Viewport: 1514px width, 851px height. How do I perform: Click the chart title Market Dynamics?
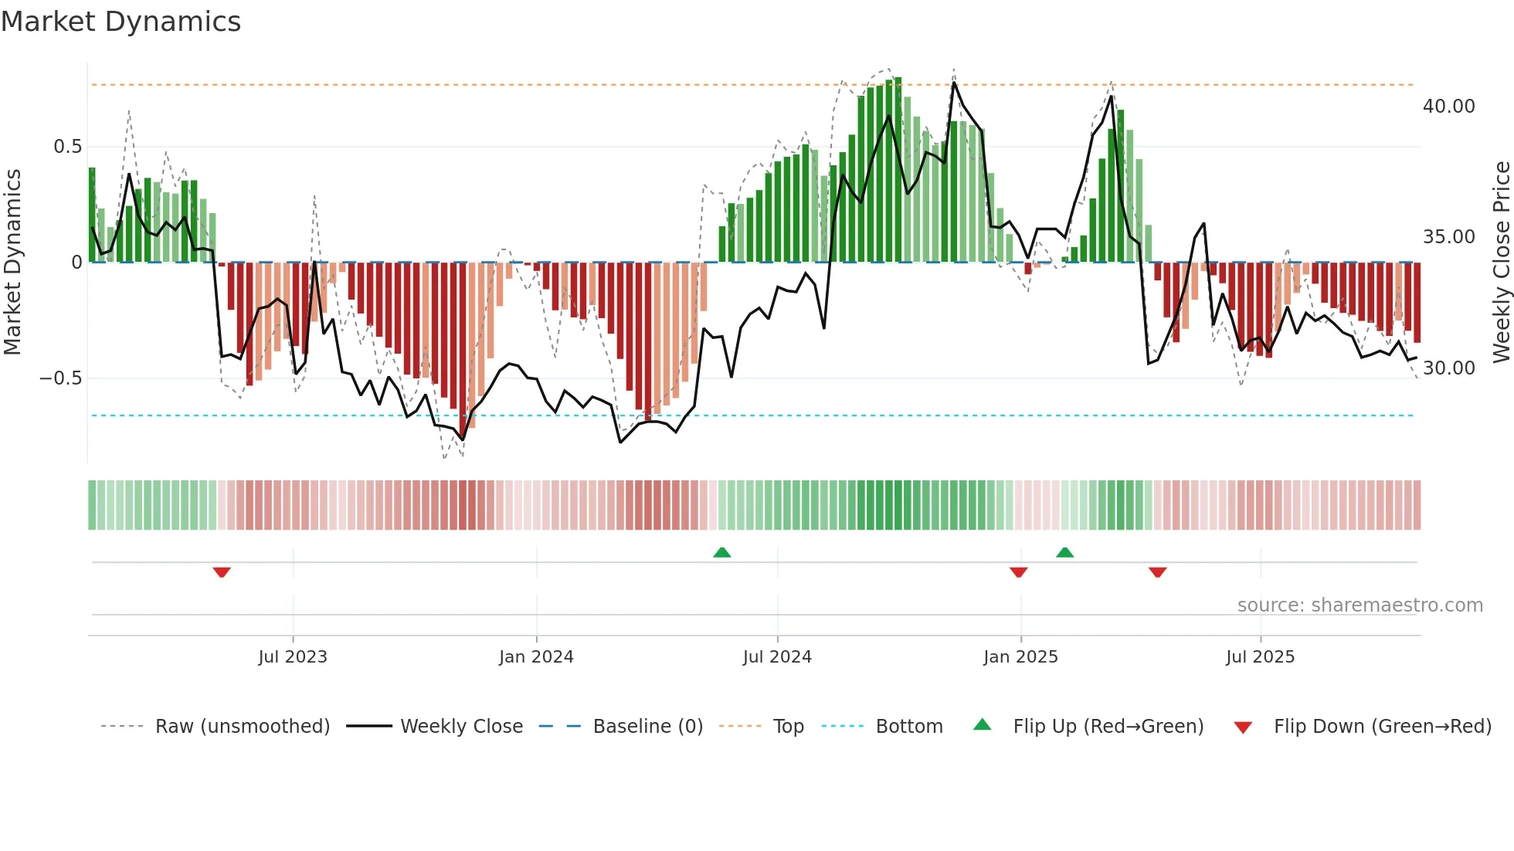point(121,22)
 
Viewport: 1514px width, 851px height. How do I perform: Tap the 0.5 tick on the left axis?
point(67,147)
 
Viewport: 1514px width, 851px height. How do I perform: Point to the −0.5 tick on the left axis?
point(60,378)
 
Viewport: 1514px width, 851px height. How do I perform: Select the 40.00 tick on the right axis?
point(1448,107)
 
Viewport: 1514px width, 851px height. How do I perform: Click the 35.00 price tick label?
point(1448,237)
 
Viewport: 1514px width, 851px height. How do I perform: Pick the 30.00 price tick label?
point(1448,368)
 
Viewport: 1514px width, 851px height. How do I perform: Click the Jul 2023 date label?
point(293,657)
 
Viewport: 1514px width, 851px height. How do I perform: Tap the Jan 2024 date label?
point(536,657)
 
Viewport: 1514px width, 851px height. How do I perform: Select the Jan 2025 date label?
point(1020,657)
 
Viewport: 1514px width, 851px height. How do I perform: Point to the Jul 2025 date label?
point(1260,657)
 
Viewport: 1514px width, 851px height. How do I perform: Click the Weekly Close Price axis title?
point(1501,263)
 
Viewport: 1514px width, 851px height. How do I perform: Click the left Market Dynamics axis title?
point(12,263)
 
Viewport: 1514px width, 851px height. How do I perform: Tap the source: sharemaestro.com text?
point(1360,605)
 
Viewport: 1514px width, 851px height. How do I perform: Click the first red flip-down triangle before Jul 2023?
point(222,572)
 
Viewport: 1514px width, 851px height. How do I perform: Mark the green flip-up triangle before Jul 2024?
point(721,552)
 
